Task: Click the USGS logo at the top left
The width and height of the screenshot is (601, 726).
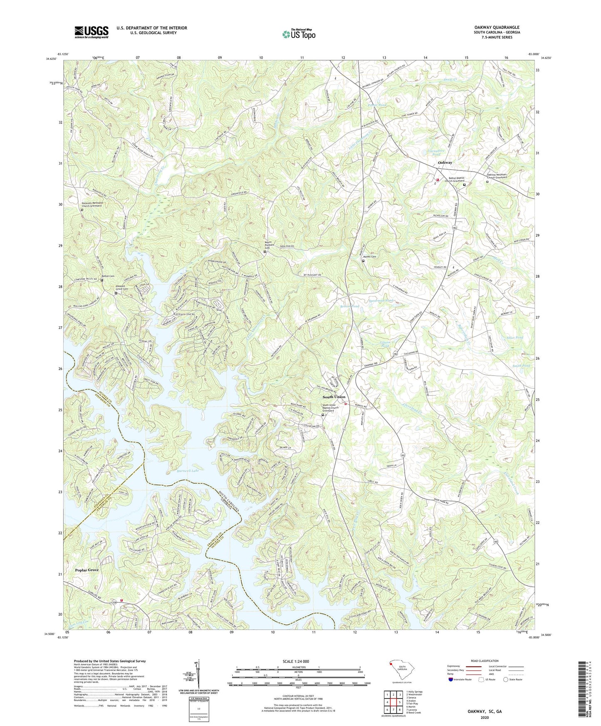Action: (91, 32)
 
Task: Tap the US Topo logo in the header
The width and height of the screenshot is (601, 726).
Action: (299, 34)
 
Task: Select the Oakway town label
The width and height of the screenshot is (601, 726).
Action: (445, 163)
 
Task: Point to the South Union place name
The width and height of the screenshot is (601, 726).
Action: (334, 397)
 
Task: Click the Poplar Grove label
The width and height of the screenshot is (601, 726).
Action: (87, 570)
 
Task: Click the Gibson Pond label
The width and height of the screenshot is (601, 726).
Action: (385, 343)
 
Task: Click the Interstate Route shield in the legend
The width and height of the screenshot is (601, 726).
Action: (451, 679)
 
